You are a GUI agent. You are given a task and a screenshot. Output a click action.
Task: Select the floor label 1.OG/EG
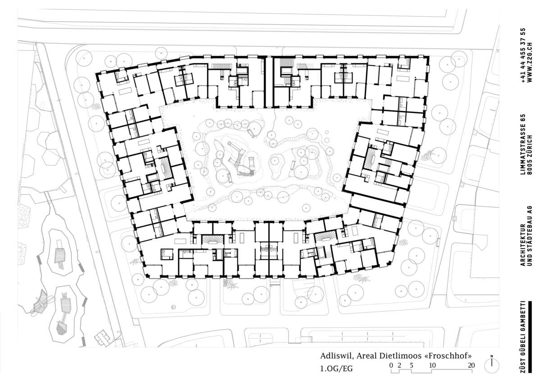click(336, 368)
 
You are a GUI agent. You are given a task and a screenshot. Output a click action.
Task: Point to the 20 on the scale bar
click(471, 365)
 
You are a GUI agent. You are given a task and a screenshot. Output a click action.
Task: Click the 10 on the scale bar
click(432, 365)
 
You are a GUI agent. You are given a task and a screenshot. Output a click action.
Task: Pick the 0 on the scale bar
click(391, 365)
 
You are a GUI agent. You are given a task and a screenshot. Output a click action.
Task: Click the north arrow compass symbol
click(491, 365)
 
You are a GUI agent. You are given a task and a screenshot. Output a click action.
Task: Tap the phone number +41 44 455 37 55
click(523, 55)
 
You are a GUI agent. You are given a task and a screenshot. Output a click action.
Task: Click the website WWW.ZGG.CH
click(529, 63)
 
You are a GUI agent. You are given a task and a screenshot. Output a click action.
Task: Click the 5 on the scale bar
click(412, 365)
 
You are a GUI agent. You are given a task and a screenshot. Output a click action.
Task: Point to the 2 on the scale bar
click(399, 365)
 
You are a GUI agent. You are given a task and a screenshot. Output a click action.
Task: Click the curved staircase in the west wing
click(165, 168)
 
